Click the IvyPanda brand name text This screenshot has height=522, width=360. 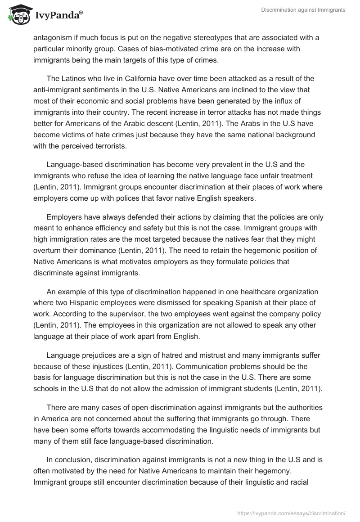(58, 16)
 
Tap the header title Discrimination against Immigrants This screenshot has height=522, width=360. (303, 10)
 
